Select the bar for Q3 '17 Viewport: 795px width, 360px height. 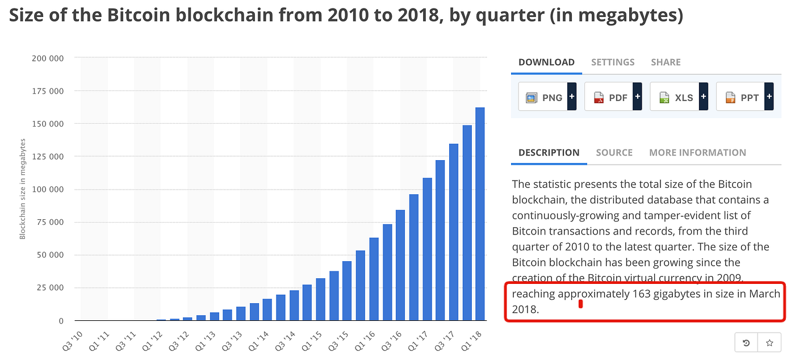click(x=454, y=232)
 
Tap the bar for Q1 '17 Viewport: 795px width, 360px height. click(x=427, y=249)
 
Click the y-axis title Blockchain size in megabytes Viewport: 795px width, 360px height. click(x=23, y=190)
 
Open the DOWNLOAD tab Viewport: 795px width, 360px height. click(x=546, y=62)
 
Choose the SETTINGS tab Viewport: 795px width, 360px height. click(x=613, y=62)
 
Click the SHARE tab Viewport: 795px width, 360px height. click(x=666, y=62)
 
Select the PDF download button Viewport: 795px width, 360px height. click(x=613, y=97)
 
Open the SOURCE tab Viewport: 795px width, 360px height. click(x=614, y=153)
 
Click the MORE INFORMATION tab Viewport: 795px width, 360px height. click(x=697, y=153)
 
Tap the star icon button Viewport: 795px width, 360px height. click(x=769, y=343)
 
